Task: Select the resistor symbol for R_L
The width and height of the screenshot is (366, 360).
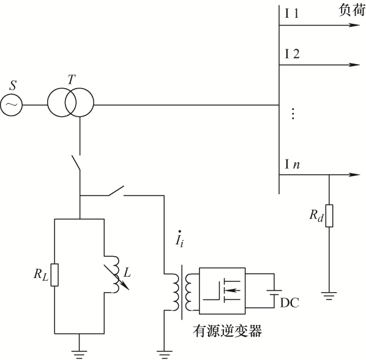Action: (x=54, y=275)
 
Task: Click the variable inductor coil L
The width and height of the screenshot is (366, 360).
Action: (x=116, y=274)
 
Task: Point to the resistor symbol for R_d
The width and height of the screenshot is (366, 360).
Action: (x=329, y=216)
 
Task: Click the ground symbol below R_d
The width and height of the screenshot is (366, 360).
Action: (x=329, y=296)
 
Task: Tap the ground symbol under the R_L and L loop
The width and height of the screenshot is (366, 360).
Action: (x=79, y=354)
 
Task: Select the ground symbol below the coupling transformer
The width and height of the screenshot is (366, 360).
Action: (x=164, y=354)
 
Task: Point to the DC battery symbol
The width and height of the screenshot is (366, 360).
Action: (x=274, y=293)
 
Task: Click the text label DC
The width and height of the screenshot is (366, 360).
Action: (x=289, y=303)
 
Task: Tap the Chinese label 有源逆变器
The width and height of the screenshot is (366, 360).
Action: (x=227, y=331)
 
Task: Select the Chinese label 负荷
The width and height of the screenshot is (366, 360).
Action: (x=352, y=10)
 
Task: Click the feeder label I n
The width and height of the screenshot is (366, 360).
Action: (x=292, y=164)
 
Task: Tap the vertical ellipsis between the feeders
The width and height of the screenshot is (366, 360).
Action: (x=293, y=114)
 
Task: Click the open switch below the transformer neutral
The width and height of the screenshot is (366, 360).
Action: (x=76, y=163)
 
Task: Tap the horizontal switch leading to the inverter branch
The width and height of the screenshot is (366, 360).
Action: (x=116, y=191)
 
